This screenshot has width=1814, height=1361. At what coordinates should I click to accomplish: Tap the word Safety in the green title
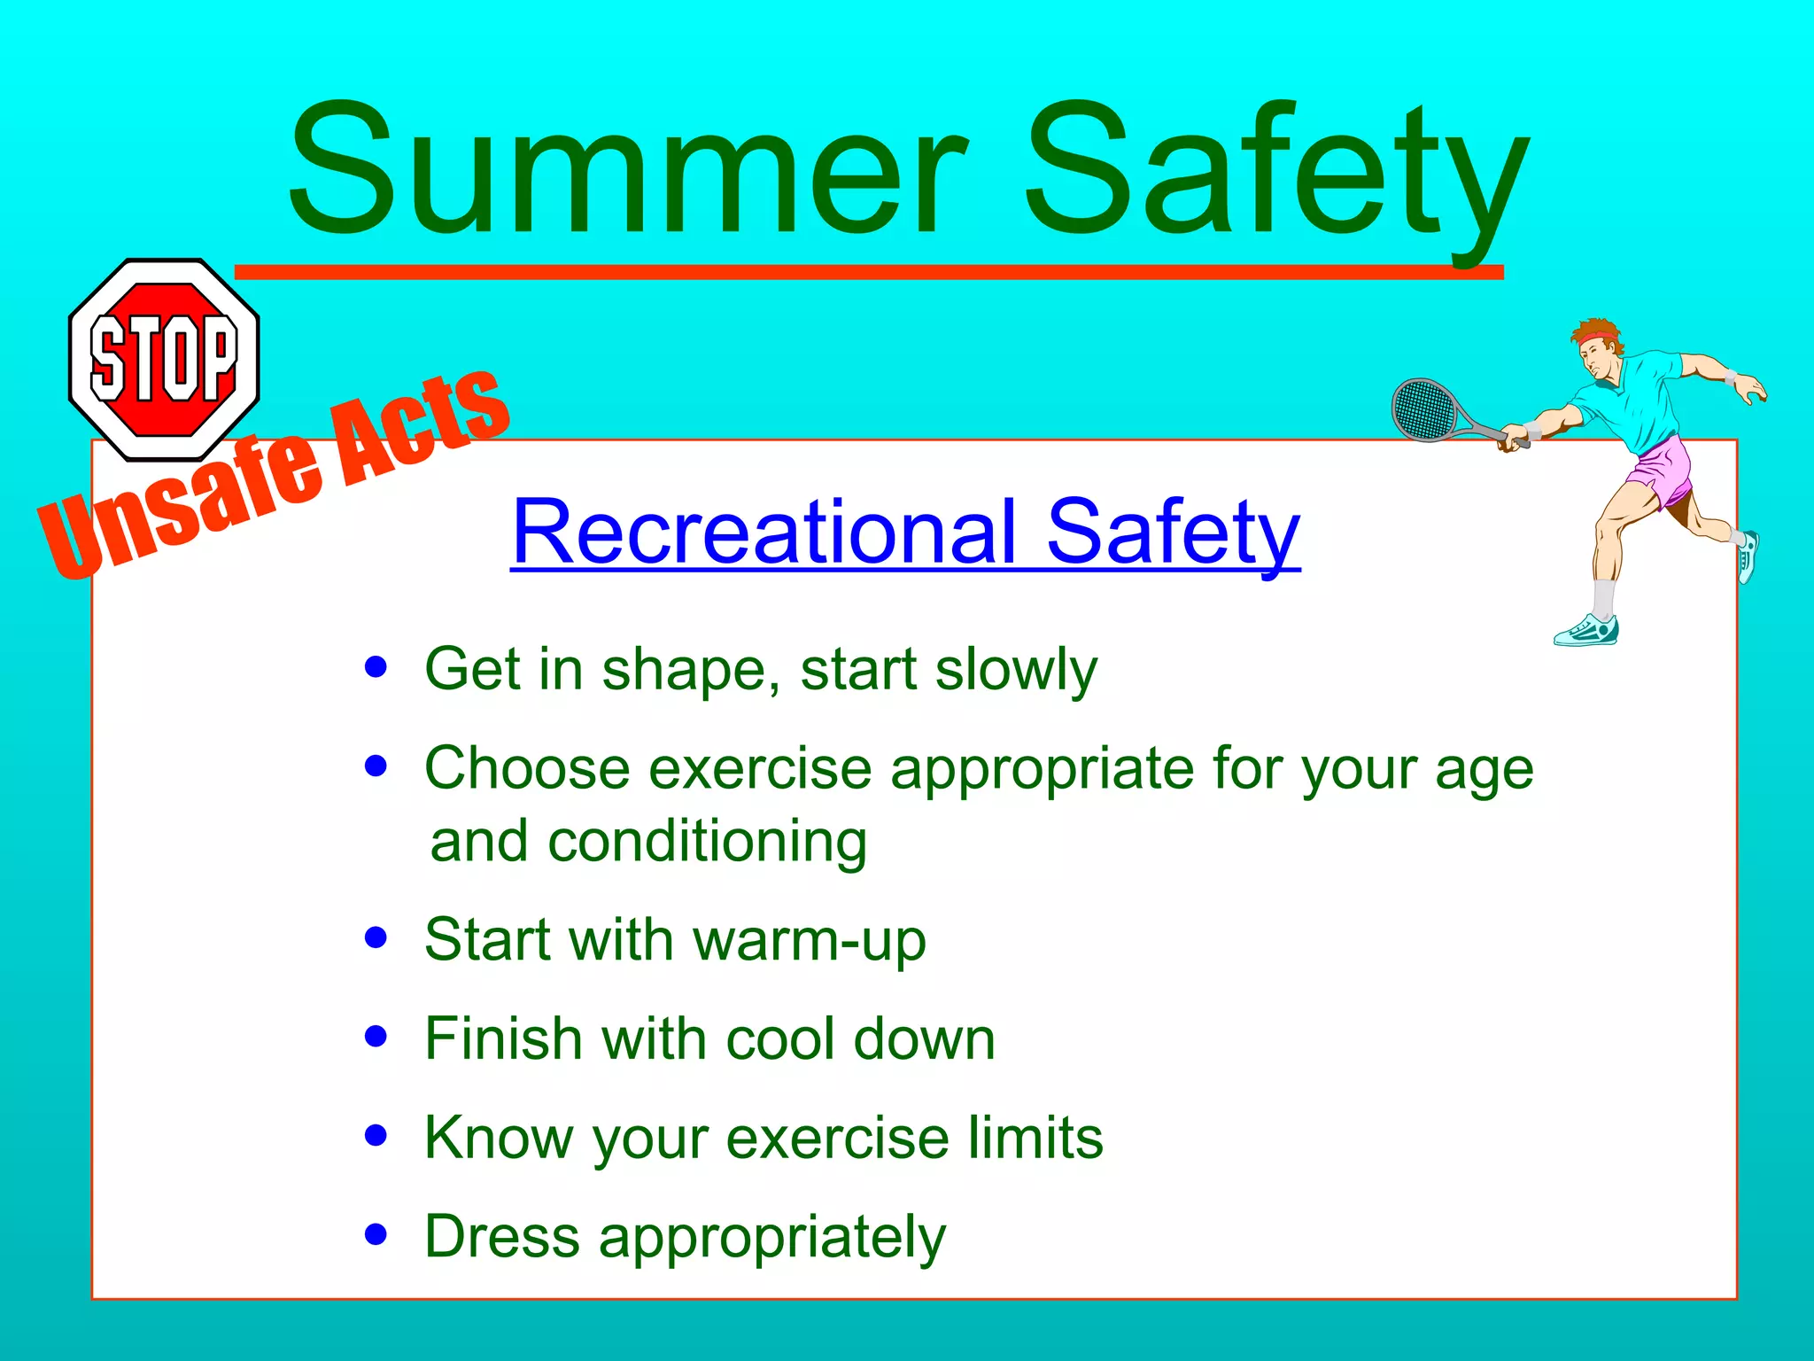pos(1275,173)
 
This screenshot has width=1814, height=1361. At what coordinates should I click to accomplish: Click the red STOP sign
pos(164,359)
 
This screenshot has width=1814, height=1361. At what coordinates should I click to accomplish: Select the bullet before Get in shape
pos(376,667)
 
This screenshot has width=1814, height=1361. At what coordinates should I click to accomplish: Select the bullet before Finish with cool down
pos(376,1037)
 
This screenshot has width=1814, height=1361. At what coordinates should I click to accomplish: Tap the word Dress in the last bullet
pos(501,1236)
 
